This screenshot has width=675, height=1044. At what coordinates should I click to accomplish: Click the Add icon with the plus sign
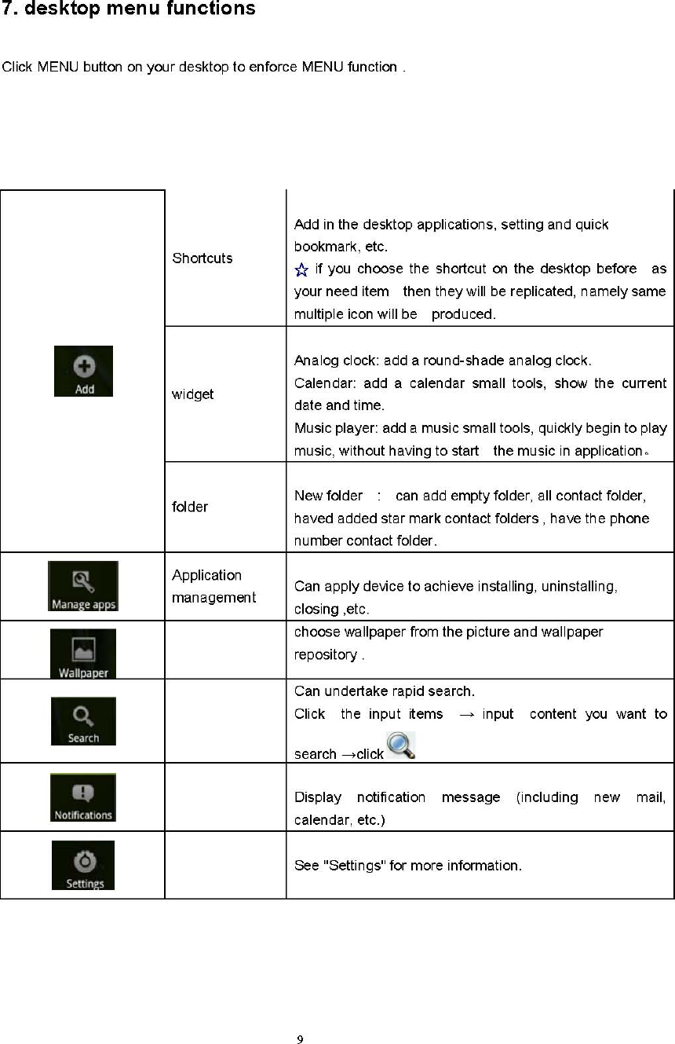coord(83,371)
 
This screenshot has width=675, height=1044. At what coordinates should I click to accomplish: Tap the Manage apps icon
coord(83,586)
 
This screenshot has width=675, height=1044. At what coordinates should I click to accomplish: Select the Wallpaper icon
coord(83,654)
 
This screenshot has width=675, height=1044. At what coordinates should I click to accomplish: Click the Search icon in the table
coord(83,721)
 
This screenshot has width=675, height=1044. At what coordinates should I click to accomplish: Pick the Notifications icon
coord(83,797)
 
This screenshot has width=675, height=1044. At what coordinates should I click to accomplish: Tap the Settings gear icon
coord(83,865)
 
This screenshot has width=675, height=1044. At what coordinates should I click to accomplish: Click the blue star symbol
coord(301,270)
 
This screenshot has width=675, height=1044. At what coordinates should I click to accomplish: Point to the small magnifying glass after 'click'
coord(400,745)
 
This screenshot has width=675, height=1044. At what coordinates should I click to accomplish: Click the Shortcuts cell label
coord(202,258)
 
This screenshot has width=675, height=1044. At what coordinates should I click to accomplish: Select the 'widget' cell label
coord(192,394)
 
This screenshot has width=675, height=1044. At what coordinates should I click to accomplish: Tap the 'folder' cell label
coord(190,507)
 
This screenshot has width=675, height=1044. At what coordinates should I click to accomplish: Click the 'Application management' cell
coord(213,586)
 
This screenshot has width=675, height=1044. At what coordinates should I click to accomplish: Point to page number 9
coord(300,1041)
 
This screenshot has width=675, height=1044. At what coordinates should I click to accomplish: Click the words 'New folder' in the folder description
coord(328,496)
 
